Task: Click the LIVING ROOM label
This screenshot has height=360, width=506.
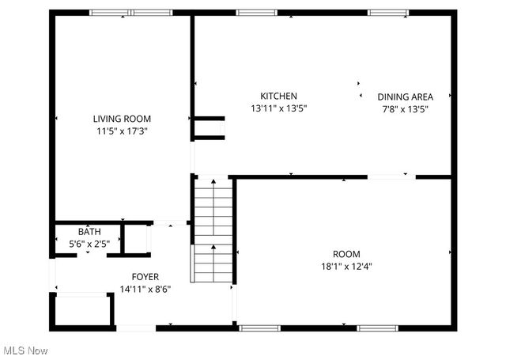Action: pyautogui.click(x=122, y=119)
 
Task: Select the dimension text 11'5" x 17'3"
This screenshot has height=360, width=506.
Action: pyautogui.click(x=122, y=131)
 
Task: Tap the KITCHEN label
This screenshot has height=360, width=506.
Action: pyautogui.click(x=279, y=96)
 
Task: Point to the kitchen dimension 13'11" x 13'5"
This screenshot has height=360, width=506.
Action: pyautogui.click(x=279, y=108)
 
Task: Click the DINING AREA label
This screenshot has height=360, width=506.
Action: pyautogui.click(x=405, y=97)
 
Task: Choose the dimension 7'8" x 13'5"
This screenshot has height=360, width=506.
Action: pyautogui.click(x=405, y=109)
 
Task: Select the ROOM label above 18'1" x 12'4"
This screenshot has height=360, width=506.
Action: pyautogui.click(x=346, y=253)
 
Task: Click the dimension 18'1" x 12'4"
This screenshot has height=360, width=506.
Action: pyautogui.click(x=346, y=267)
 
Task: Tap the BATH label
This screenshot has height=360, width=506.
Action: pyautogui.click(x=89, y=232)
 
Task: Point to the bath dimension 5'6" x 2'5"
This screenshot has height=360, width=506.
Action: pyautogui.click(x=89, y=244)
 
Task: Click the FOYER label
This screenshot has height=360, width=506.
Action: pyautogui.click(x=145, y=276)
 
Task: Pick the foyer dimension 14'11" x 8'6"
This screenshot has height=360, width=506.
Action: pyautogui.click(x=145, y=289)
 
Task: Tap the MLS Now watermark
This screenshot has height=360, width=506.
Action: pyautogui.click(x=25, y=350)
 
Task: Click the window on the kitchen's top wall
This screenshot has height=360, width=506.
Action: pyautogui.click(x=251, y=13)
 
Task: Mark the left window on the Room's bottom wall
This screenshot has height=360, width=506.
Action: pyautogui.click(x=259, y=327)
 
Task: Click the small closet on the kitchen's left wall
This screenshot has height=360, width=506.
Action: pyautogui.click(x=210, y=128)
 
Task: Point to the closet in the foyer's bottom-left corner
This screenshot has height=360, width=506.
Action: pyautogui.click(x=83, y=310)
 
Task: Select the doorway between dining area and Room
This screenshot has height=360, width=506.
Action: pyautogui.click(x=392, y=177)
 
